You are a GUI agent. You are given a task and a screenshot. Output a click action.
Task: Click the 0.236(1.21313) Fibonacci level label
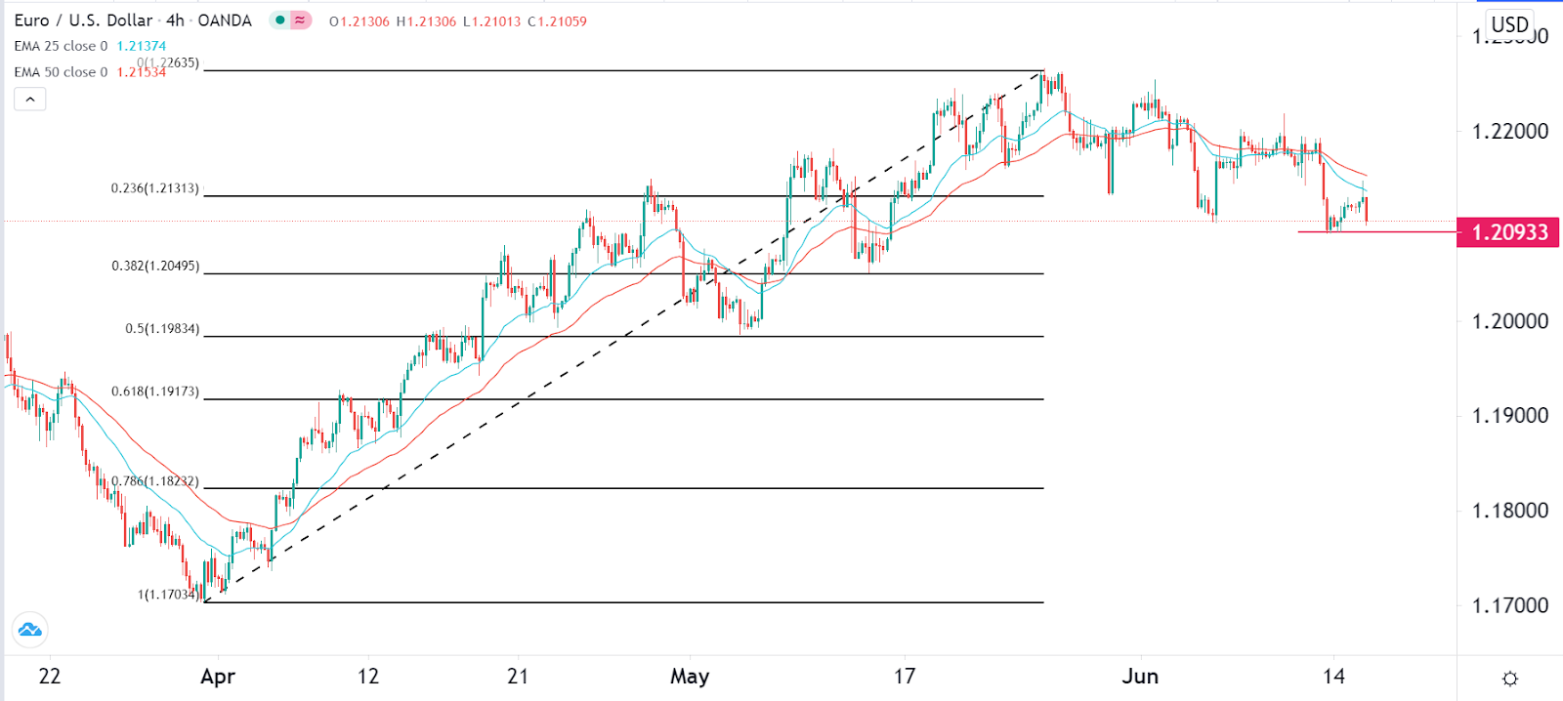click(x=154, y=188)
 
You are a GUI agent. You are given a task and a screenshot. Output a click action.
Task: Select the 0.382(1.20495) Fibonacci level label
click(x=154, y=266)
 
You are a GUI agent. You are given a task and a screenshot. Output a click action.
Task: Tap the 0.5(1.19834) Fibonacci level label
click(x=161, y=329)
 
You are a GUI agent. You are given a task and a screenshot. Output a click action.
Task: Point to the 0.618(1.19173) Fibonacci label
click(x=154, y=392)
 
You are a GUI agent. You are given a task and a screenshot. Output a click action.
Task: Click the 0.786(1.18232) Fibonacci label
click(x=154, y=481)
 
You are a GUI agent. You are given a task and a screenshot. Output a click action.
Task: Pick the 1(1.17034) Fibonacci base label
click(x=168, y=594)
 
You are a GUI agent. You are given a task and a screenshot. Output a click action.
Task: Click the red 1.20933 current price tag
click(x=1508, y=232)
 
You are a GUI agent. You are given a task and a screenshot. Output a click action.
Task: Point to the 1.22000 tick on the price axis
click(x=1509, y=131)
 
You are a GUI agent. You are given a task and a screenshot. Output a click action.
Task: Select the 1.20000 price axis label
click(x=1509, y=321)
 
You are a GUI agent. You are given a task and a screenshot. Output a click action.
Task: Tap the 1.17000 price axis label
click(x=1509, y=605)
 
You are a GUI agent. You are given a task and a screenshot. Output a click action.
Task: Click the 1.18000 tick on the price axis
click(x=1509, y=511)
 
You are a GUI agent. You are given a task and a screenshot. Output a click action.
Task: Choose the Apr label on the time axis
click(x=217, y=677)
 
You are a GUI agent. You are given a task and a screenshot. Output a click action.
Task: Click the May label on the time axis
click(x=690, y=677)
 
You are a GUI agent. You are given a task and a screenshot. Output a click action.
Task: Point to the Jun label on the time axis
click(x=1140, y=677)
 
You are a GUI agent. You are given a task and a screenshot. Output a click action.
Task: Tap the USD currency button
click(x=1509, y=24)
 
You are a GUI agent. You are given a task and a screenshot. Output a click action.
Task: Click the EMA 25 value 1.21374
click(x=142, y=46)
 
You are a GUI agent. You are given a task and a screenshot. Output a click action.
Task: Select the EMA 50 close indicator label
click(x=61, y=72)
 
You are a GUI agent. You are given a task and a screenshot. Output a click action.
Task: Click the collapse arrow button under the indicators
click(x=30, y=99)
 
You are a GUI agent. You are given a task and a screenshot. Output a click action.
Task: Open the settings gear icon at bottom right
click(x=1509, y=679)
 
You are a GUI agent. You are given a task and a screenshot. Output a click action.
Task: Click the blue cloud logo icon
click(x=30, y=630)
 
